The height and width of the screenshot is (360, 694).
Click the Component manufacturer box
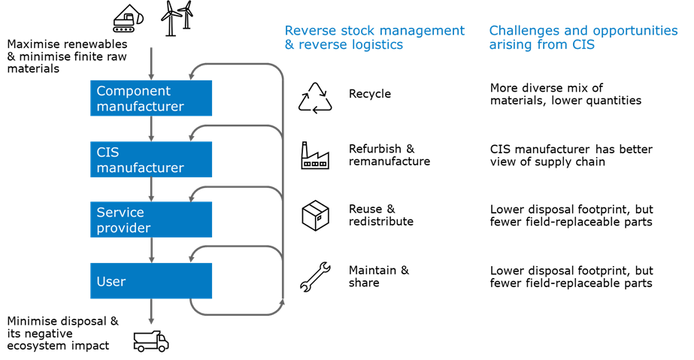[x=151, y=98]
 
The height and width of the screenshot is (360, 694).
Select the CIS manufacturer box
[x=151, y=159]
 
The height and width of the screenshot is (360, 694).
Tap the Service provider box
[x=151, y=219]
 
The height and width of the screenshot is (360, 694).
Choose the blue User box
[x=151, y=281]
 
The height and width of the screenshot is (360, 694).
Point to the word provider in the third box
[x=123, y=228]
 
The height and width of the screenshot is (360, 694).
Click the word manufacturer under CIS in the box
[x=140, y=168]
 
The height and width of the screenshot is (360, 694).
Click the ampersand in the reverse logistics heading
[x=289, y=45]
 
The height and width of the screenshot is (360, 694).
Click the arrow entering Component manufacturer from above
[x=151, y=64]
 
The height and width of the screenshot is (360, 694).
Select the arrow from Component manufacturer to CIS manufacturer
[x=151, y=129]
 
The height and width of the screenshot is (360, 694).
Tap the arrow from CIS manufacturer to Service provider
[x=151, y=189]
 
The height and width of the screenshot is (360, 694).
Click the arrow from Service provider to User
[x=151, y=250]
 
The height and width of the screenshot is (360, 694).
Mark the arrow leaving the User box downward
[x=151, y=312]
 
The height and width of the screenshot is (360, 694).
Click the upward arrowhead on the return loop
[x=283, y=303]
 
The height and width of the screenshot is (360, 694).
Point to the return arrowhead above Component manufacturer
[x=192, y=74]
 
